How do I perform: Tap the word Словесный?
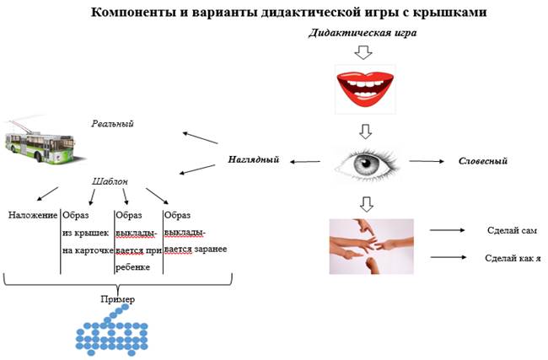click(482, 160)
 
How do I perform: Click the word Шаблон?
click(110, 180)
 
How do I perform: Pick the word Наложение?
click(32, 215)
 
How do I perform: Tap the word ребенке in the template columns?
click(132, 266)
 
